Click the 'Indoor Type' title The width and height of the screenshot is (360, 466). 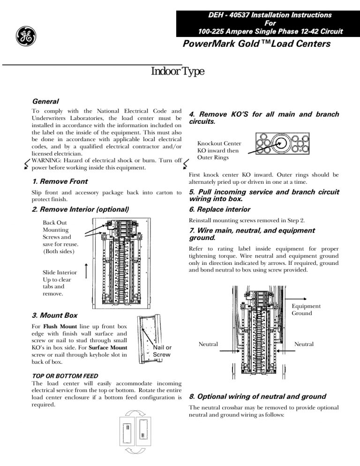click(x=177, y=72)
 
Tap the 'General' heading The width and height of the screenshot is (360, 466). click(x=45, y=101)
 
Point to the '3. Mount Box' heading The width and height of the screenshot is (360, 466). click(x=54, y=316)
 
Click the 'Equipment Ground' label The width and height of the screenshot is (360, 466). click(x=306, y=309)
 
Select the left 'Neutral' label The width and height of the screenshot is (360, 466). click(x=208, y=344)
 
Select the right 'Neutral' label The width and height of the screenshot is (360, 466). click(x=304, y=344)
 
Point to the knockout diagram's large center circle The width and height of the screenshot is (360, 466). click(x=280, y=143)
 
